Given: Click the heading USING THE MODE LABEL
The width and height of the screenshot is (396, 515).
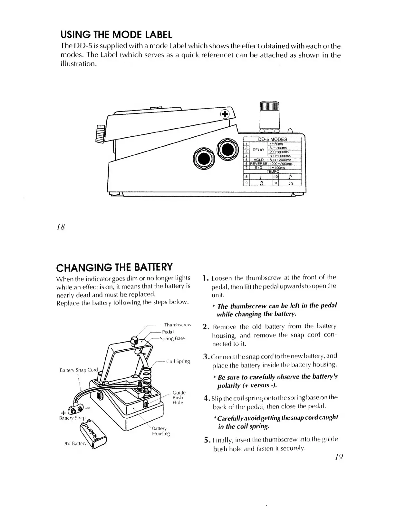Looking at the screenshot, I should coord(116,34).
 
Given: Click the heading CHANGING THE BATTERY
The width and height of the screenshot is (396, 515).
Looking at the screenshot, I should coord(114,267).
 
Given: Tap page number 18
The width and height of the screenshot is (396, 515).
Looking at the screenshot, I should coord(61,227).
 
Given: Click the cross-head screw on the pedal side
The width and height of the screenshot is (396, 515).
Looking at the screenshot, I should coord(225,114).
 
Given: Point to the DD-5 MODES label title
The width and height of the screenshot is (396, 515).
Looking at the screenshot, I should coord(273,139).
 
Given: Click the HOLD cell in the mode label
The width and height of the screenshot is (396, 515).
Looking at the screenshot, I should coord(258,160).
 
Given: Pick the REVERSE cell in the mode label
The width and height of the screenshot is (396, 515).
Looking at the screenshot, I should coord(258,164).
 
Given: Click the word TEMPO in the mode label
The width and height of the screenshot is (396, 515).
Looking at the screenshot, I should coord(273,171).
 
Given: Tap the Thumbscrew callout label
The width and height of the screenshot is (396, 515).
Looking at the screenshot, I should coord(178,325).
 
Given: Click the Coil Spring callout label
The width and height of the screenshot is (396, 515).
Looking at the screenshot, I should coord(178,361).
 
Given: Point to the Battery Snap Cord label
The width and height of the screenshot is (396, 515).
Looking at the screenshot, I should coord(79,370).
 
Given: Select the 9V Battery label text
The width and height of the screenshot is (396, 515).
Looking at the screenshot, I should coord(76,443).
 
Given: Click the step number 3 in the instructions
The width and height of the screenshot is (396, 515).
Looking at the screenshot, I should coord(207,356).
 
